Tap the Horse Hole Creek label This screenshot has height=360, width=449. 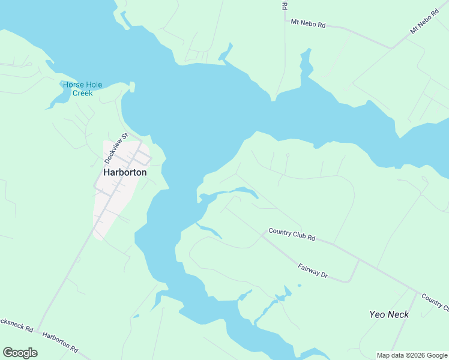click(83, 89)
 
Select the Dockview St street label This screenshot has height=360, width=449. click(116, 149)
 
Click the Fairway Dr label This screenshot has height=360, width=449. click(313, 271)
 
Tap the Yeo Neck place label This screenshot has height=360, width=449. click(389, 314)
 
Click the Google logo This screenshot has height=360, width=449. click(20, 353)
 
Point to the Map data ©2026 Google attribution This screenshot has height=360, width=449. click(411, 355)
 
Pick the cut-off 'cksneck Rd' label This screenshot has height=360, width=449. click(16, 325)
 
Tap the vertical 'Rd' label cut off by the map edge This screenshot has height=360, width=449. click(284, 5)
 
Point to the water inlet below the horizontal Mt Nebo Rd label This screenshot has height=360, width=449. click(306, 63)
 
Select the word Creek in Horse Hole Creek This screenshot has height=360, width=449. click(83, 93)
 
